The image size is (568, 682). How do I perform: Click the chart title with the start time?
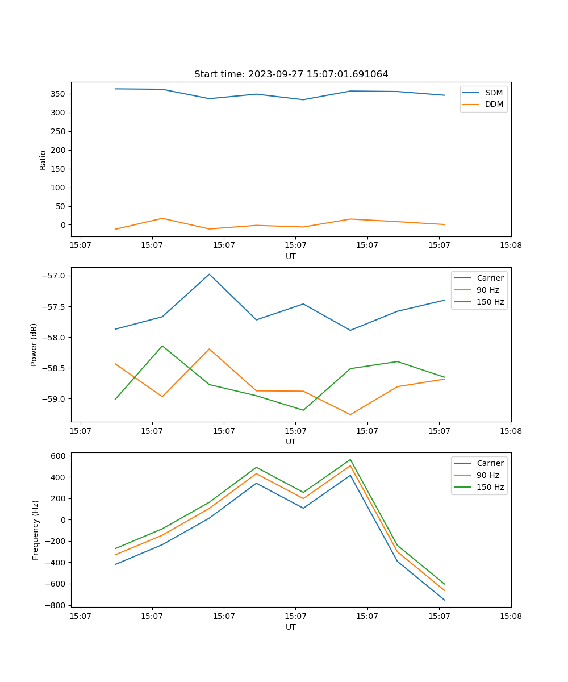pyautogui.click(x=291, y=74)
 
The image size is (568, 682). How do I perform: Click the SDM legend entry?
pyautogui.click(x=494, y=93)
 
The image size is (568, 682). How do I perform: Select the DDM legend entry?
pyautogui.click(x=494, y=104)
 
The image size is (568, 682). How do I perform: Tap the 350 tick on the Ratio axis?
pyautogui.click(x=59, y=94)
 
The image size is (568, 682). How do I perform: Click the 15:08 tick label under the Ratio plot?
pyautogui.click(x=511, y=246)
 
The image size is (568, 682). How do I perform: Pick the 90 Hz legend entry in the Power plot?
pyautogui.click(x=487, y=290)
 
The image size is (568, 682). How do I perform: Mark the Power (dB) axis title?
pyautogui.click(x=34, y=344)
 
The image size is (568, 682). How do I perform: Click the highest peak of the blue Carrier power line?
pyautogui.click(x=209, y=274)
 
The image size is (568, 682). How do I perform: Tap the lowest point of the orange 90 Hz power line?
pyautogui.click(x=350, y=414)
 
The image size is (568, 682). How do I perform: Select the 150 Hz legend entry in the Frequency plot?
pyautogui.click(x=490, y=487)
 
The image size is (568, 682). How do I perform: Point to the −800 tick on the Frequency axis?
pyautogui.click(x=56, y=605)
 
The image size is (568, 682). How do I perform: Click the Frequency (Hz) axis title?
pyautogui.click(x=35, y=530)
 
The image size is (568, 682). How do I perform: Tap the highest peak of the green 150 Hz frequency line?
pyautogui.click(x=350, y=460)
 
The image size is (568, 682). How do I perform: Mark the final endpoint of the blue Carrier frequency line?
pyautogui.click(x=444, y=600)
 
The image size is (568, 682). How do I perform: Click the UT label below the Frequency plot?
pyautogui.click(x=291, y=627)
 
